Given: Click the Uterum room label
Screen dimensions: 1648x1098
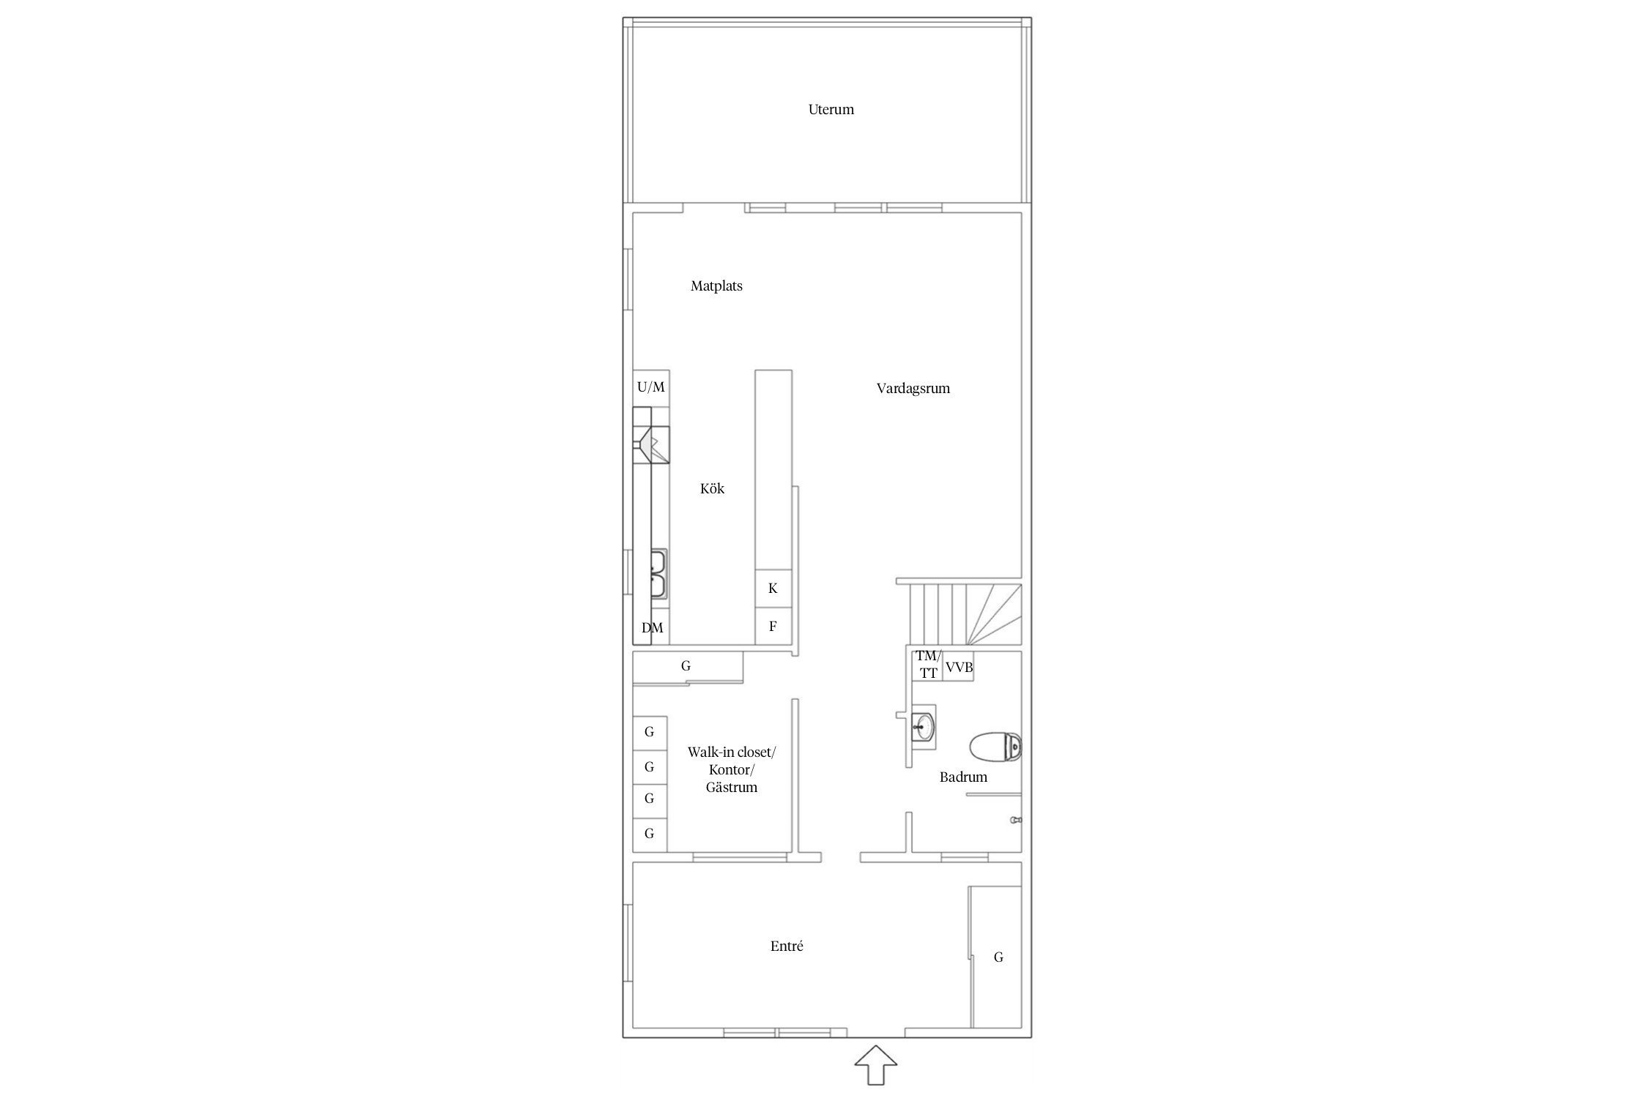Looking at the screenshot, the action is point(831,110).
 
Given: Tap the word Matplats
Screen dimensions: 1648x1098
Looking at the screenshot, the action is point(716,286).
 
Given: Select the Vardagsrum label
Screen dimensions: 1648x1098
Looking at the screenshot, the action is point(913,389).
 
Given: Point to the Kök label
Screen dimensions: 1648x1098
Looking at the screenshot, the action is point(712,488).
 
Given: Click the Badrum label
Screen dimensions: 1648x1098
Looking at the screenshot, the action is point(963,777).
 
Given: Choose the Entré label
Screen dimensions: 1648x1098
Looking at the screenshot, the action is point(787,946).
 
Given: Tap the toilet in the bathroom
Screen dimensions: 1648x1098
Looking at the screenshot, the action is point(995,747).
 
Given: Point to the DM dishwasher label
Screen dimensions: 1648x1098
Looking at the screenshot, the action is point(652,628).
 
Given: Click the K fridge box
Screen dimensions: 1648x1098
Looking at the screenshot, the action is point(773,589).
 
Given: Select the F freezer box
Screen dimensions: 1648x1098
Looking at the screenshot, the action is point(773,626).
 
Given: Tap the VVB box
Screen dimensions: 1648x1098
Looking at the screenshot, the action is point(959,667).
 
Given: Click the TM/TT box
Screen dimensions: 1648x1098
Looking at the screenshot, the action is point(927,665).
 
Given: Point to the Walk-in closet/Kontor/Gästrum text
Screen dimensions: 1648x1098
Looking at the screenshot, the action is point(732,769).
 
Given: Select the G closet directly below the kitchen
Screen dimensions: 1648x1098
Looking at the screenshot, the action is point(688,667).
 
